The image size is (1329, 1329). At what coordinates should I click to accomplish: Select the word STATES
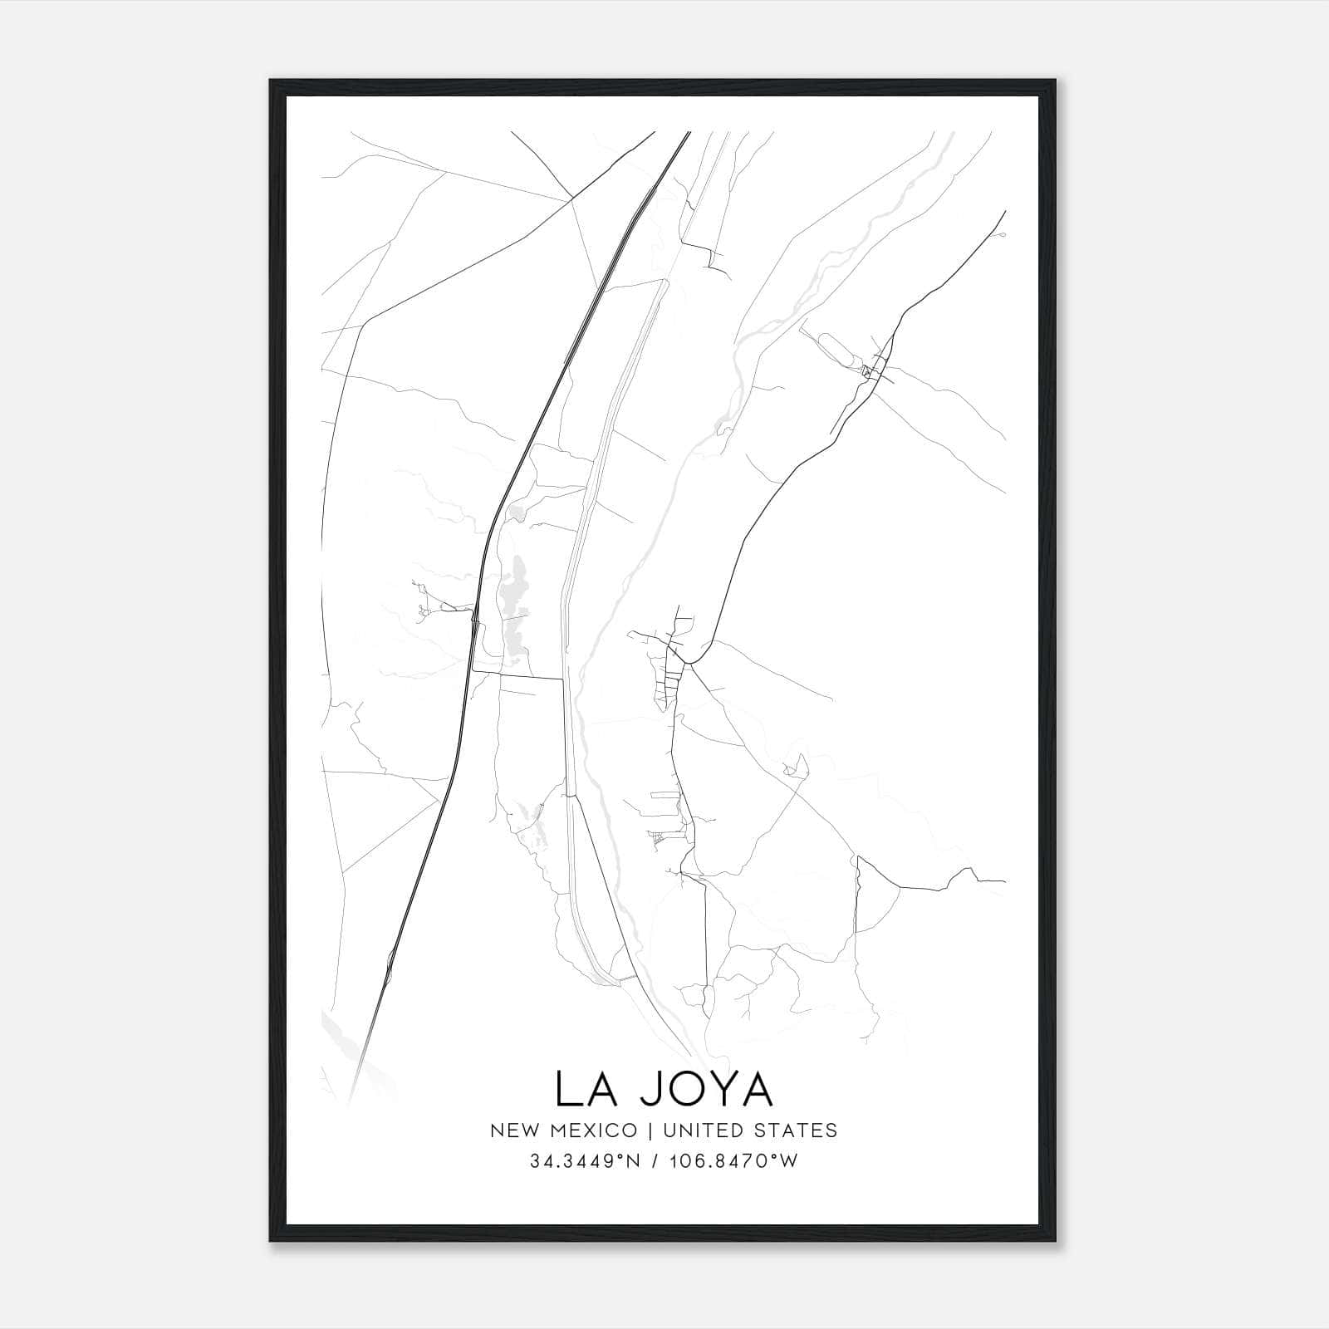coord(799,1130)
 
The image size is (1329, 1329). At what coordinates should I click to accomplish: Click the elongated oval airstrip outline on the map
coord(840,352)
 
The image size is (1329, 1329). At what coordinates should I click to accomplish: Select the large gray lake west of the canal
coord(516,598)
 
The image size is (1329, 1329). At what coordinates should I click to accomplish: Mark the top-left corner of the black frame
coord(271,81)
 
